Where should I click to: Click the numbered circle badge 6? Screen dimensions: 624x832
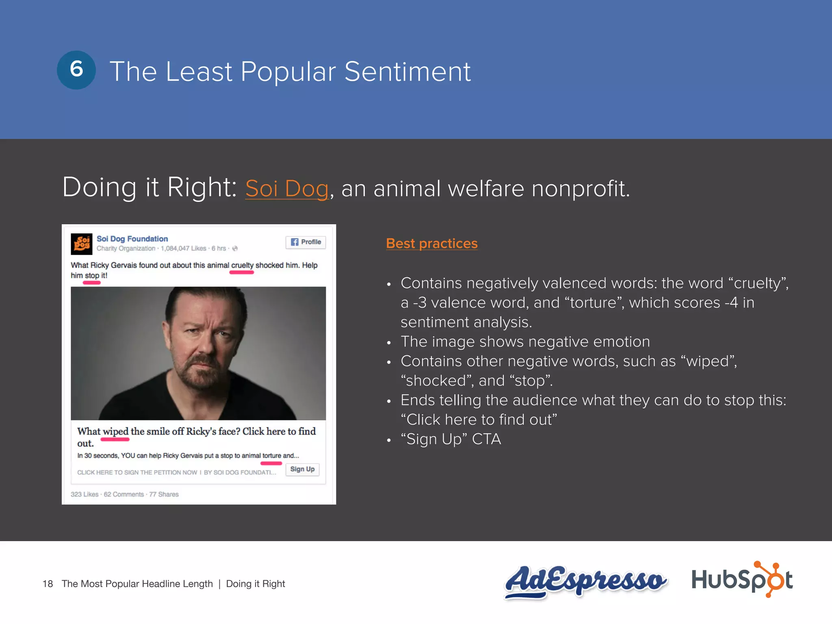coord(76,70)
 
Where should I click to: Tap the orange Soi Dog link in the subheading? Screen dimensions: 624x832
coord(287,189)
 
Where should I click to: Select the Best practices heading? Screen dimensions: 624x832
coord(431,243)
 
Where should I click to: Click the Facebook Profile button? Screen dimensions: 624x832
coord(305,242)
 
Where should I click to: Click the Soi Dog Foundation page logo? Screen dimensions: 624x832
coord(81,243)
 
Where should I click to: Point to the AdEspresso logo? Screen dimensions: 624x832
coord(585,581)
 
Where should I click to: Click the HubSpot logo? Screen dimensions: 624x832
coord(742,580)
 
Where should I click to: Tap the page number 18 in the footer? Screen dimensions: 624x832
coord(48,584)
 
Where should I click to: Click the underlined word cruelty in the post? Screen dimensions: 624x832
coord(242,265)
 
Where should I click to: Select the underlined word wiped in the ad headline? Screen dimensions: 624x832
coord(115,431)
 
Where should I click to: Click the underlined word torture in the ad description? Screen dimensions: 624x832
coord(271,456)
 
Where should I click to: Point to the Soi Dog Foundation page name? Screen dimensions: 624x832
coord(132,239)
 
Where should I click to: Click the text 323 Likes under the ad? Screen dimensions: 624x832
coord(84,494)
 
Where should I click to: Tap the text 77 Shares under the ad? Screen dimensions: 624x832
coord(164,494)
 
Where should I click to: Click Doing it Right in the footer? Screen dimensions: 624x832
coord(256,584)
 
